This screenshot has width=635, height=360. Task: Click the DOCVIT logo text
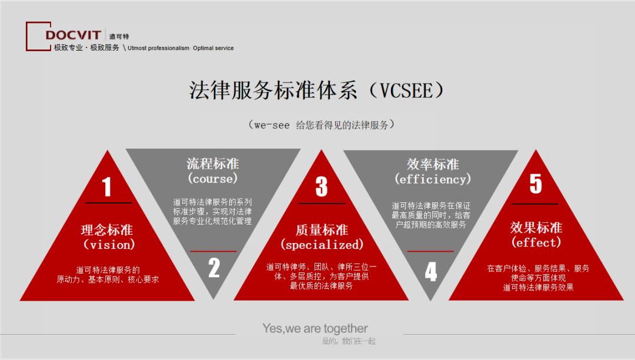coord(73,35)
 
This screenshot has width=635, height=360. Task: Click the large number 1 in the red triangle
coord(106,187)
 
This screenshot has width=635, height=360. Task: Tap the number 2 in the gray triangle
coord(214,268)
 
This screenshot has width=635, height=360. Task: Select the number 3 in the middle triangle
coord(321,187)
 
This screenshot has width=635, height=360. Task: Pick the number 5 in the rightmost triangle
coord(536,184)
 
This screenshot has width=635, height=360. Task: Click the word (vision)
coord(109,244)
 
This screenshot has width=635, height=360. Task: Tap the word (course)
coord(213,178)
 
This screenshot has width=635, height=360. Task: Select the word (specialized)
coord(322,244)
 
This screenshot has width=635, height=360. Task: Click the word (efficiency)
coord(433,179)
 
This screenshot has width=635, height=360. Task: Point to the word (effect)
coord(536,242)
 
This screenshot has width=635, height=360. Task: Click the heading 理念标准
coord(108,229)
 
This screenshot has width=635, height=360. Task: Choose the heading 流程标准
coord(213,164)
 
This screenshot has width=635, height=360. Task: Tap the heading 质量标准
coord(322,229)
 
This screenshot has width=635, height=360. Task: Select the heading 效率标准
coord(433,164)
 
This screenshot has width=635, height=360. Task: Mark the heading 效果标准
coord(536,228)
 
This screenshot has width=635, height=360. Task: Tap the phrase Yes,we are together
coord(315,328)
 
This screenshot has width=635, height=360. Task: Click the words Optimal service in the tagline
coord(213,48)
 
